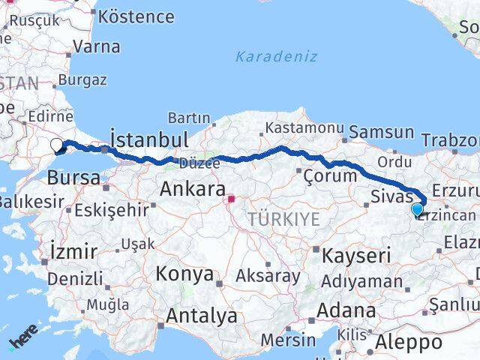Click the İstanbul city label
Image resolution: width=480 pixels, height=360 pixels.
pyautogui.click(x=148, y=139)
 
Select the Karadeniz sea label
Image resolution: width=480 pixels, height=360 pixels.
pyautogui.click(x=276, y=56)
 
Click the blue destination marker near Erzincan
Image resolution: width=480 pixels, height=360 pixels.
pyautogui.click(x=418, y=210)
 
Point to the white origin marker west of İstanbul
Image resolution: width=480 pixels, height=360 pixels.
pyautogui.click(x=57, y=145)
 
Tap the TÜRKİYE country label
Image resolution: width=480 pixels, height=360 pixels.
pyautogui.click(x=285, y=219)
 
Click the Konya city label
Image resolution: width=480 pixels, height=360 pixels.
pyautogui.click(x=184, y=274)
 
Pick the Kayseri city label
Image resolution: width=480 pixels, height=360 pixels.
pyautogui.click(x=356, y=256)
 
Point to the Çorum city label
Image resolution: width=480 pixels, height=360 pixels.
pyautogui.click(x=330, y=175)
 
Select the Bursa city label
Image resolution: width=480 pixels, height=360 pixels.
pyautogui.click(x=73, y=178)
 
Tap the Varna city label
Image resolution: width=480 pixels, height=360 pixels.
pyautogui.click(x=97, y=46)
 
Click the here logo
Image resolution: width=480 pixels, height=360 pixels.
pyautogui.click(x=23, y=343)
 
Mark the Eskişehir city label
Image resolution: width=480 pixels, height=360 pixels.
pyautogui.click(x=112, y=210)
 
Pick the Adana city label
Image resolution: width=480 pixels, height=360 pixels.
pyautogui.click(x=346, y=310)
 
